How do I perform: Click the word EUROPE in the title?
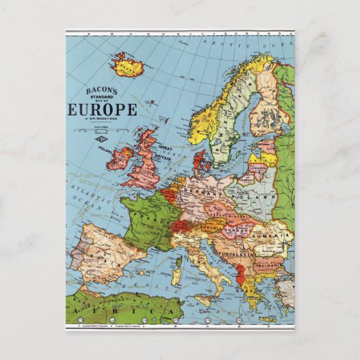click(x=103, y=110)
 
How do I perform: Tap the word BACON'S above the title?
click(x=101, y=90)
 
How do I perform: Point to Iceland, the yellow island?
click(x=126, y=65)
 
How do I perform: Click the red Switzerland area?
click(x=182, y=227)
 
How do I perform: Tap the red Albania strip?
click(x=240, y=275)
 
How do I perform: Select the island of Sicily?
click(x=204, y=300)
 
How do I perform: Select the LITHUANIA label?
click(x=257, y=166)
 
